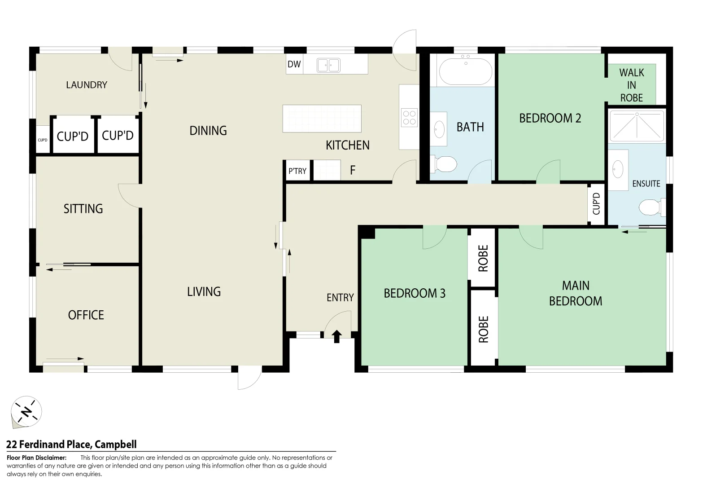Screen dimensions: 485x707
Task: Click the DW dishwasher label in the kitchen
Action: (294, 64)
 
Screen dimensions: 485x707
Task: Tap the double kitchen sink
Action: (328, 65)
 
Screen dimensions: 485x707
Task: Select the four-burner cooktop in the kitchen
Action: (409, 118)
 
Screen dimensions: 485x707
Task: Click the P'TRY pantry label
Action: (297, 171)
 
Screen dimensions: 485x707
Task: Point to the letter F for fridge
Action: (353, 170)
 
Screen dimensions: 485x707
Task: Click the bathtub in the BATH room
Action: (465, 71)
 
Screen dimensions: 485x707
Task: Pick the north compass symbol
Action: (26, 412)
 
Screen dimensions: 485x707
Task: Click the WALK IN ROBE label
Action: (631, 85)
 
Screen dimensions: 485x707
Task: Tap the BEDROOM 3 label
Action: (414, 293)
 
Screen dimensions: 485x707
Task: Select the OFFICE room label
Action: (86, 315)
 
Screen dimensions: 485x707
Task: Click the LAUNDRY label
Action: (87, 84)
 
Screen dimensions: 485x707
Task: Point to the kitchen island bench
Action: (322, 119)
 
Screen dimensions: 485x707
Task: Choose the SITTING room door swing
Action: (129, 195)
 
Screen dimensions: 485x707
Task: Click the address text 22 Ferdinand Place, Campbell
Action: (71, 445)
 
